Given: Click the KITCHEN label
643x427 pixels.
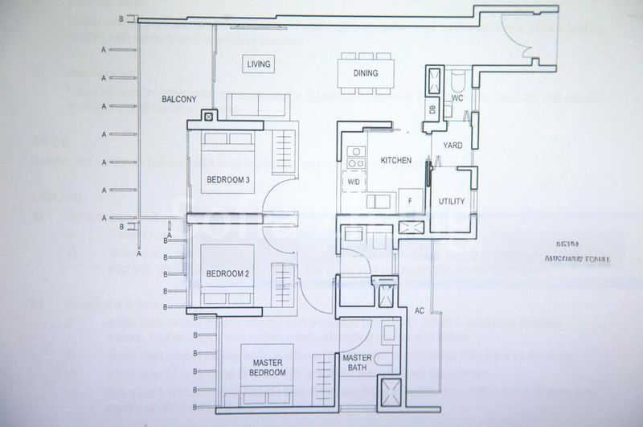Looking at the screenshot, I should (x=396, y=161).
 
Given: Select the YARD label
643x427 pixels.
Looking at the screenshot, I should (x=453, y=146).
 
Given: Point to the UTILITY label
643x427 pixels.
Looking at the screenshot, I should (x=452, y=202).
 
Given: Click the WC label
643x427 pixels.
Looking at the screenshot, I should (x=457, y=98).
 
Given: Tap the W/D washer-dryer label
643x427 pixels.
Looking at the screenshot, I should (x=354, y=183).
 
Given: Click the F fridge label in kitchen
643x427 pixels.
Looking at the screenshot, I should (x=410, y=201).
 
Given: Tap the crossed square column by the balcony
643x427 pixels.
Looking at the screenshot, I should (x=209, y=117).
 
